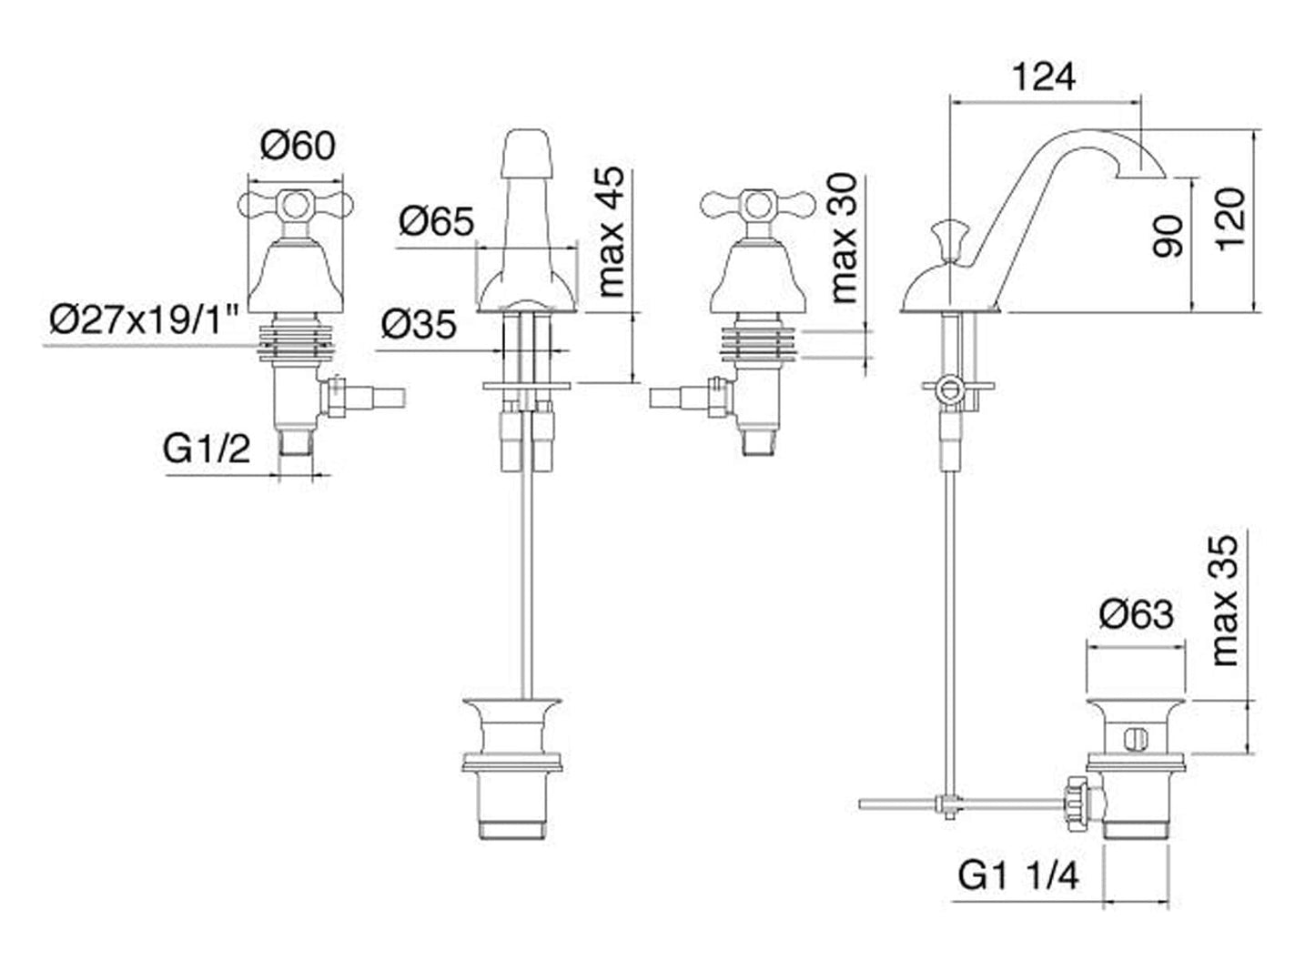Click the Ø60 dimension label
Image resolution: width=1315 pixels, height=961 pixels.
(x=298, y=146)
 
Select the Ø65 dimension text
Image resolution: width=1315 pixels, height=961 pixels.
(x=436, y=221)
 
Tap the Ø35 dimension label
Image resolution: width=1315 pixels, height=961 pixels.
(x=418, y=324)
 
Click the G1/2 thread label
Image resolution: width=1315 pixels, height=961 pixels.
(x=207, y=449)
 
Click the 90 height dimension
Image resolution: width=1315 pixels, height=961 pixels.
(x=1169, y=236)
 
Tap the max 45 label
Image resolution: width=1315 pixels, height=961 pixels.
(x=612, y=232)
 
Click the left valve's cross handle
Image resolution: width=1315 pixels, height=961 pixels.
(x=293, y=205)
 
